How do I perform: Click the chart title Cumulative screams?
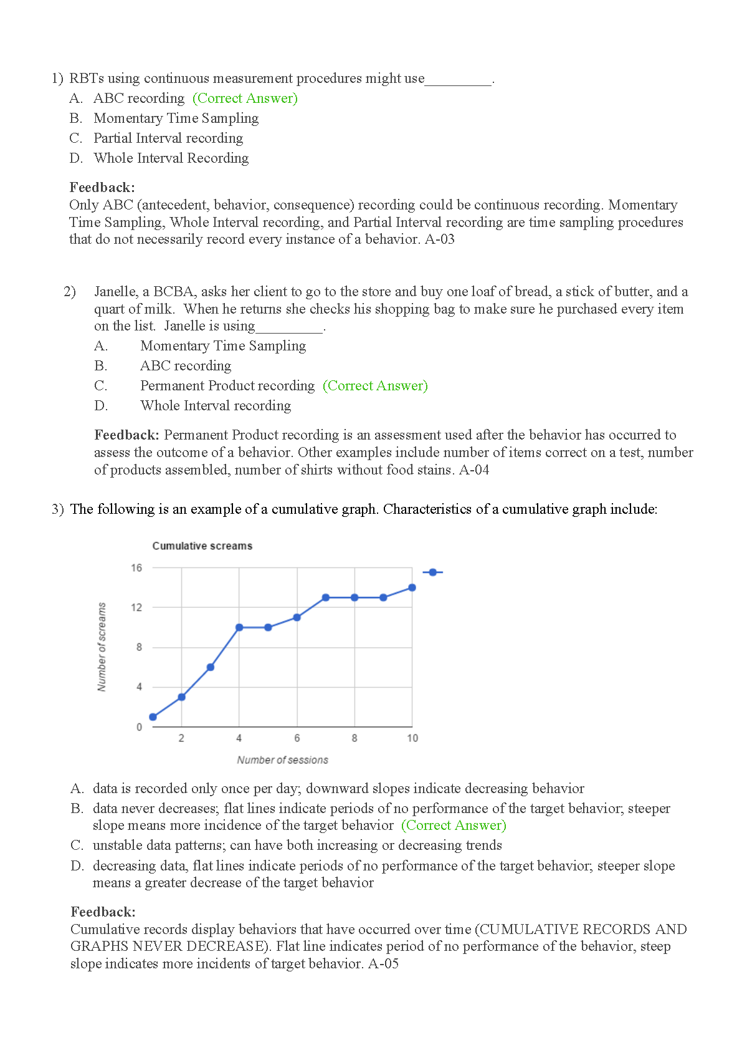[202, 546]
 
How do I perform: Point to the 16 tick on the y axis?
[136, 568]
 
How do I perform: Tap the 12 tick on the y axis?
[136, 607]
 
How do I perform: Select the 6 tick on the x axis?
[297, 738]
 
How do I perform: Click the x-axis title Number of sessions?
[282, 760]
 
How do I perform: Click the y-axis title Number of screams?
[102, 647]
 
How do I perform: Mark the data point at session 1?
[153, 717]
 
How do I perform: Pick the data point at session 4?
[239, 627]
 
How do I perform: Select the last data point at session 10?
[412, 587]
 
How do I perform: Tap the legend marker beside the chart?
[433, 572]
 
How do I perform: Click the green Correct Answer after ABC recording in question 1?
[245, 99]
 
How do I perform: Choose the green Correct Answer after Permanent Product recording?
[375, 386]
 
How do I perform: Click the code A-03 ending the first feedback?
[440, 239]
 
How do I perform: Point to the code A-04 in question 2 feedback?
[474, 470]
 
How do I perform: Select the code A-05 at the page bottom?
[384, 964]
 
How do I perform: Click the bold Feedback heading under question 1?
[102, 188]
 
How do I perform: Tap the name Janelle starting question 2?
[115, 292]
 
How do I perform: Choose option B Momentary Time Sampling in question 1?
[176, 118]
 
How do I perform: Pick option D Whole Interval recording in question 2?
[215, 406]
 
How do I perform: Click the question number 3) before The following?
[58, 509]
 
